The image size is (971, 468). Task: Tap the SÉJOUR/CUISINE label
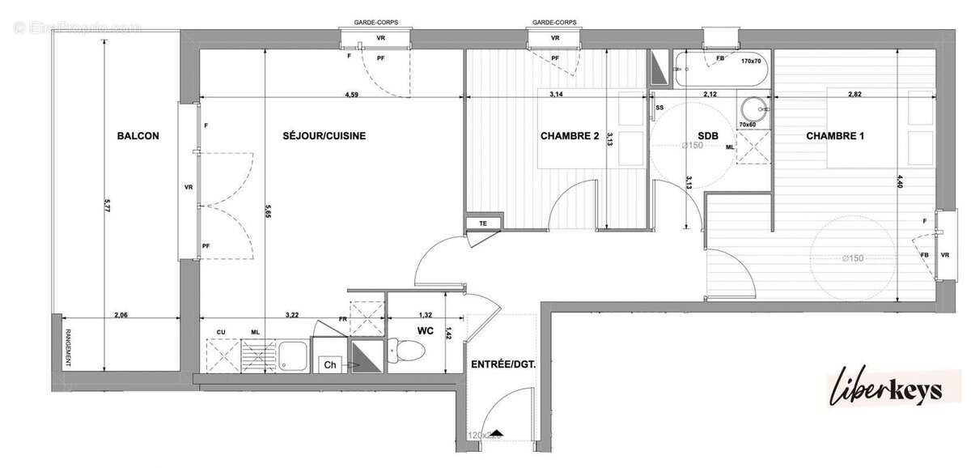(x=324, y=137)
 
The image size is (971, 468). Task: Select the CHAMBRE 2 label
(x=569, y=137)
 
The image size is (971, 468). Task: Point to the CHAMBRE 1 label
(x=835, y=137)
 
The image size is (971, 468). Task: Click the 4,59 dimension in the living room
(x=352, y=95)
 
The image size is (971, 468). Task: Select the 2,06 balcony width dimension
(x=121, y=314)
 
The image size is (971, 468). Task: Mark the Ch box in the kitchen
(x=329, y=365)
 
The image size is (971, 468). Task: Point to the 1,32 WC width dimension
(x=426, y=314)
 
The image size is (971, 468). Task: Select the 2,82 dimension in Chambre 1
(x=854, y=95)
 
